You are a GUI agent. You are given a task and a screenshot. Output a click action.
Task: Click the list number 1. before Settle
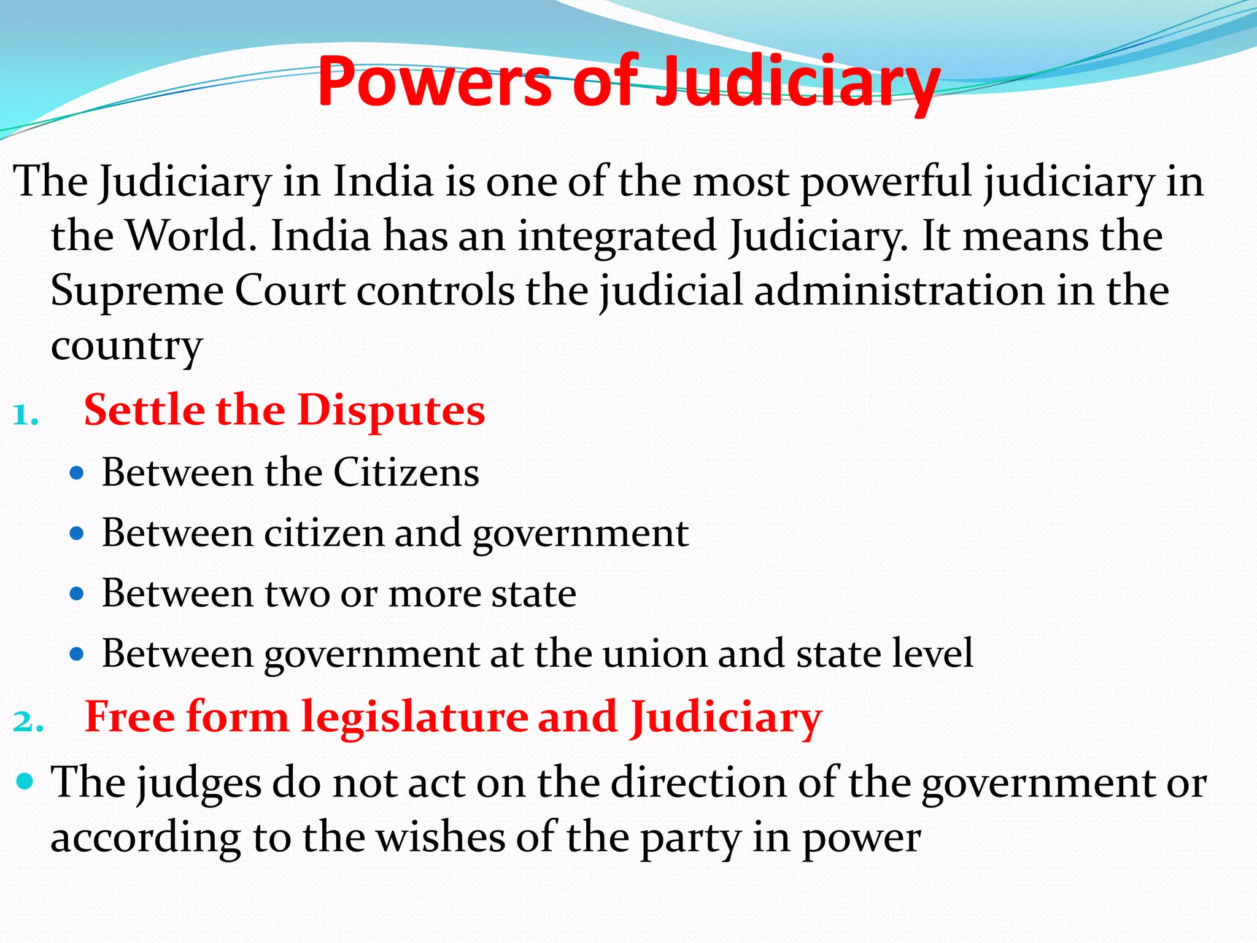tap(26, 416)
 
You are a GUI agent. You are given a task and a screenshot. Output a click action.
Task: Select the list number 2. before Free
tap(28, 722)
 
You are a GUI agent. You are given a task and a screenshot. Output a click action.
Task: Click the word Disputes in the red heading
tap(391, 409)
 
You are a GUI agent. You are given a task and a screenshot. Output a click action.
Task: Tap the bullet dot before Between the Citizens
tap(76, 474)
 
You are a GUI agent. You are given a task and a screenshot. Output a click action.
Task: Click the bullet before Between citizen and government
tap(76, 534)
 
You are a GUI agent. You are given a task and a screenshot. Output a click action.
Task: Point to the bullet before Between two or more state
tap(76, 594)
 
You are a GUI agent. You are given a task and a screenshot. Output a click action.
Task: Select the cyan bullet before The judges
tap(25, 782)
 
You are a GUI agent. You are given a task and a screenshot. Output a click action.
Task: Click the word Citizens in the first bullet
tap(406, 473)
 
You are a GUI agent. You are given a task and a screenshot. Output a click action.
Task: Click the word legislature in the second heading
tap(414, 716)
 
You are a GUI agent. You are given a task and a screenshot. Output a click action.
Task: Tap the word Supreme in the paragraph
tap(137, 290)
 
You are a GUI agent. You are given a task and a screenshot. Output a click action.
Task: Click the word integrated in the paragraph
tap(617, 236)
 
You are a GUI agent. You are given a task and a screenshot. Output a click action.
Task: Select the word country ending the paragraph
tap(126, 346)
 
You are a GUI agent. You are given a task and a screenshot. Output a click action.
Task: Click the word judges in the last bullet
tap(199, 784)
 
